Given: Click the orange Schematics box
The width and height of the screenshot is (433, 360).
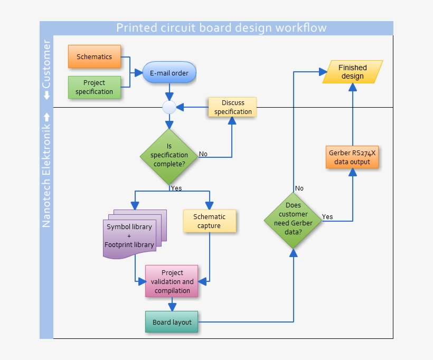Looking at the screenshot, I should (94, 56).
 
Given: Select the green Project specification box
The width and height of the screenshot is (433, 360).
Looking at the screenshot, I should (94, 87).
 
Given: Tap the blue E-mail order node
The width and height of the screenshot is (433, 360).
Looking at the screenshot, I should (169, 73).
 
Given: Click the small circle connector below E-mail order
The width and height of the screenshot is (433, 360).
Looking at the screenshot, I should (169, 108).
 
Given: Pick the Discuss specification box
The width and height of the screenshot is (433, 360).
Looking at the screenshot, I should (233, 107).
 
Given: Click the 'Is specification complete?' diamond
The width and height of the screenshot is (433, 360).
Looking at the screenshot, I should (169, 155).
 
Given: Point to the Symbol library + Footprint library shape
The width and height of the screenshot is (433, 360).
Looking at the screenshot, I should (130, 235).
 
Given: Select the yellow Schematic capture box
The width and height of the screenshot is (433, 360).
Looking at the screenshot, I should (209, 221).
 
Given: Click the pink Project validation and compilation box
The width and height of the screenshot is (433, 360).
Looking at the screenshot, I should (172, 281).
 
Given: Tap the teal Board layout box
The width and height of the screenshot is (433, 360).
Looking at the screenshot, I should (172, 322).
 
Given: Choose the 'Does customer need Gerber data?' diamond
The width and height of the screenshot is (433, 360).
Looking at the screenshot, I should (293, 219).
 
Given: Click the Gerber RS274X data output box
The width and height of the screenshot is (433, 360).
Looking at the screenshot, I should (352, 157).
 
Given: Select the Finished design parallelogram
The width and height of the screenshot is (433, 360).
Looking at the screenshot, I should (353, 72).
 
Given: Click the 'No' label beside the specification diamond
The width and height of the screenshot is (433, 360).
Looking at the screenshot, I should (203, 154).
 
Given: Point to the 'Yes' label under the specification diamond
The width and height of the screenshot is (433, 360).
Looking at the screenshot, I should (176, 188).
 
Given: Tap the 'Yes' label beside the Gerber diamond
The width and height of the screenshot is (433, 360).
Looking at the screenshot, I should (327, 216).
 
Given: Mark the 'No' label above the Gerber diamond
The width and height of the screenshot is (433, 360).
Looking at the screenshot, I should (299, 188).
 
